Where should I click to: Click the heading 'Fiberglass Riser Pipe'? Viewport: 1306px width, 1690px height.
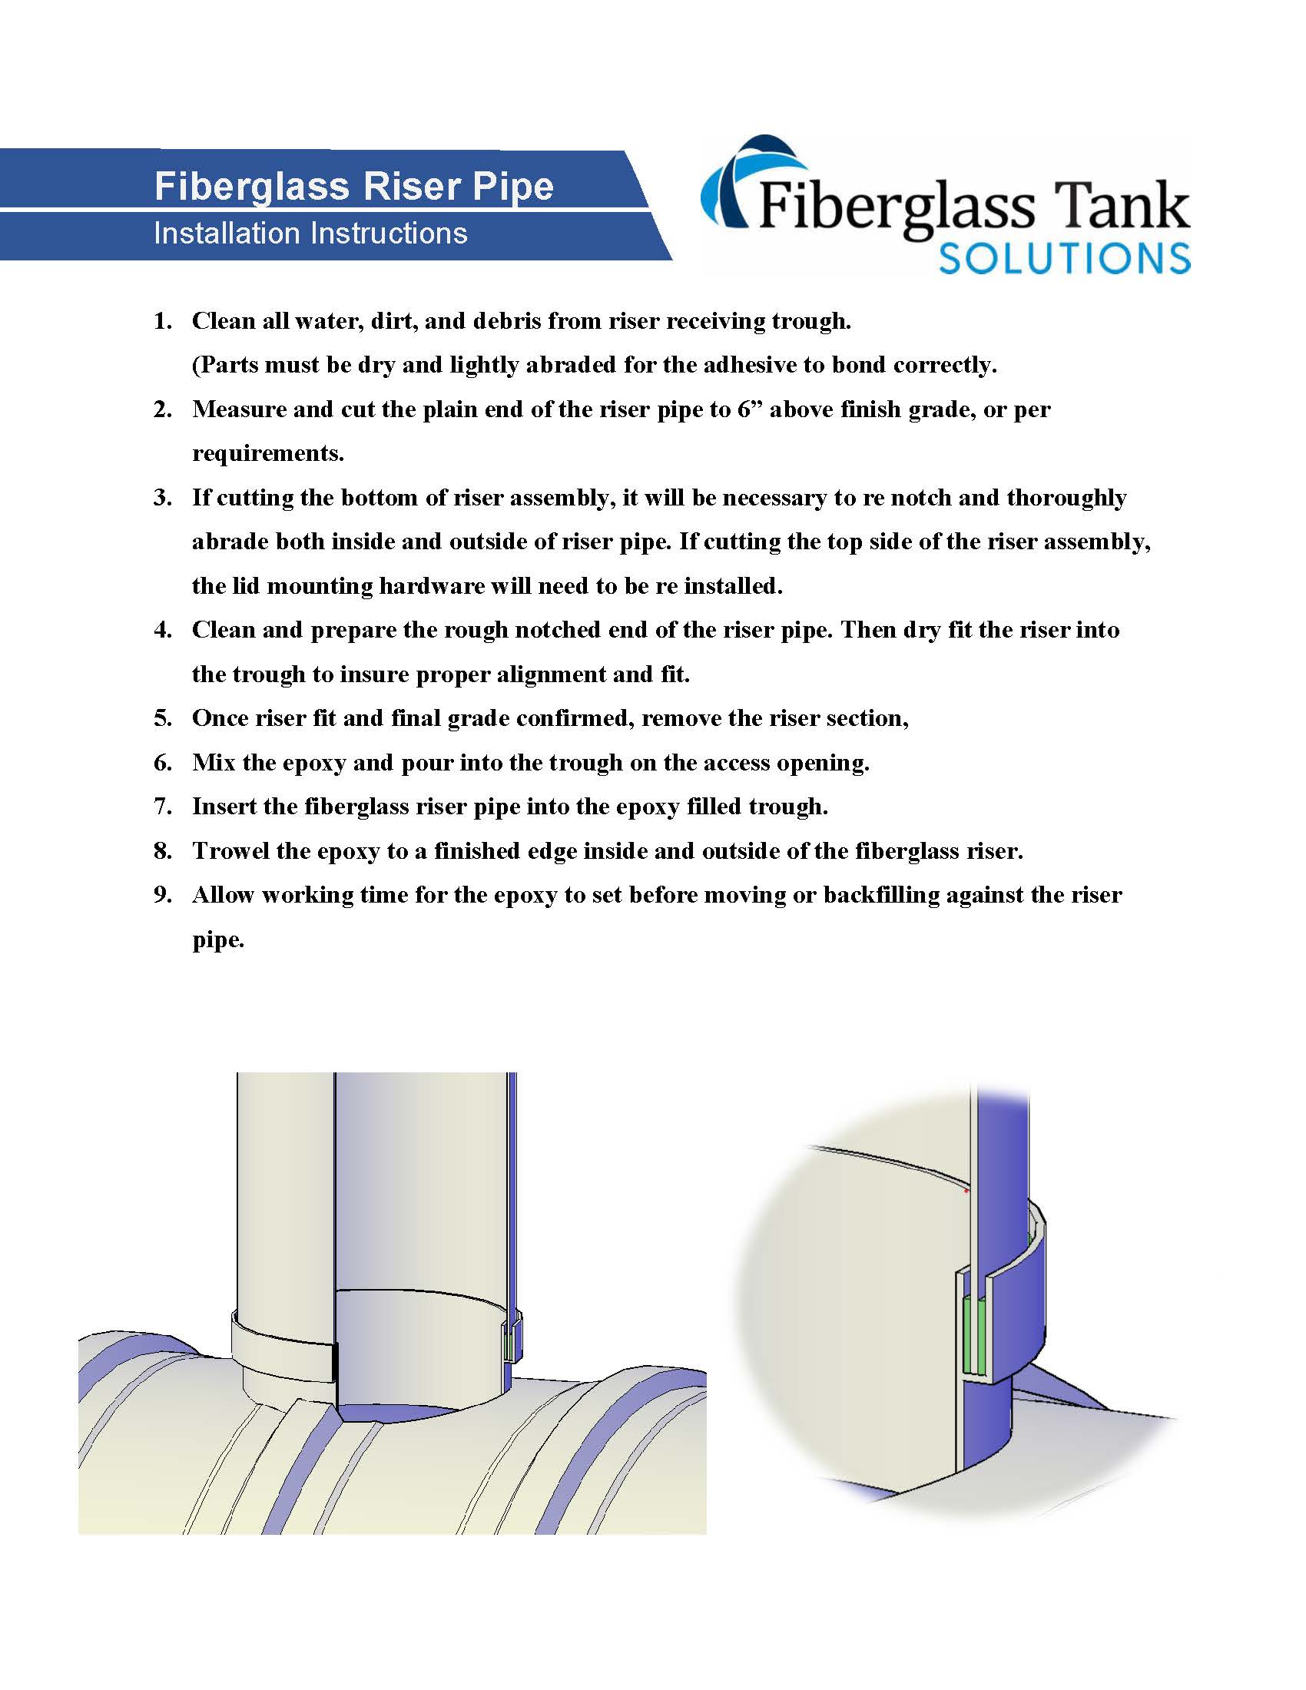pos(353,187)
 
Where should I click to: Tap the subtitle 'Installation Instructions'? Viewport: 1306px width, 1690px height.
pos(310,233)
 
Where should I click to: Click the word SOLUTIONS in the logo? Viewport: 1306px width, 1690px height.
pos(1063,258)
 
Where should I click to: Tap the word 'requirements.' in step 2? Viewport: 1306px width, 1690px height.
pos(267,453)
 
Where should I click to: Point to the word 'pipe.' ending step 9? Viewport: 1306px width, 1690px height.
pos(218,941)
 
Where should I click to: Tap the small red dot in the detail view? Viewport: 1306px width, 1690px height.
pos(966,1191)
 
